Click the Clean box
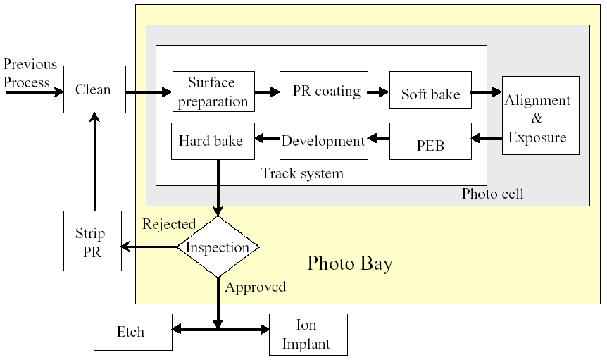94,89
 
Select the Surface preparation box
213,92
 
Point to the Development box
324,140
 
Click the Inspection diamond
218,247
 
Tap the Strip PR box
92,241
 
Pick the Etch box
132,331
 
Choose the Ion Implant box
308,334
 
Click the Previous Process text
30,73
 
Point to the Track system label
302,173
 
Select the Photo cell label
493,194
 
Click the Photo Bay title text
350,264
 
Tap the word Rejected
169,225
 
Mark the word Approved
256,287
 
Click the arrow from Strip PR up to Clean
94,162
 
